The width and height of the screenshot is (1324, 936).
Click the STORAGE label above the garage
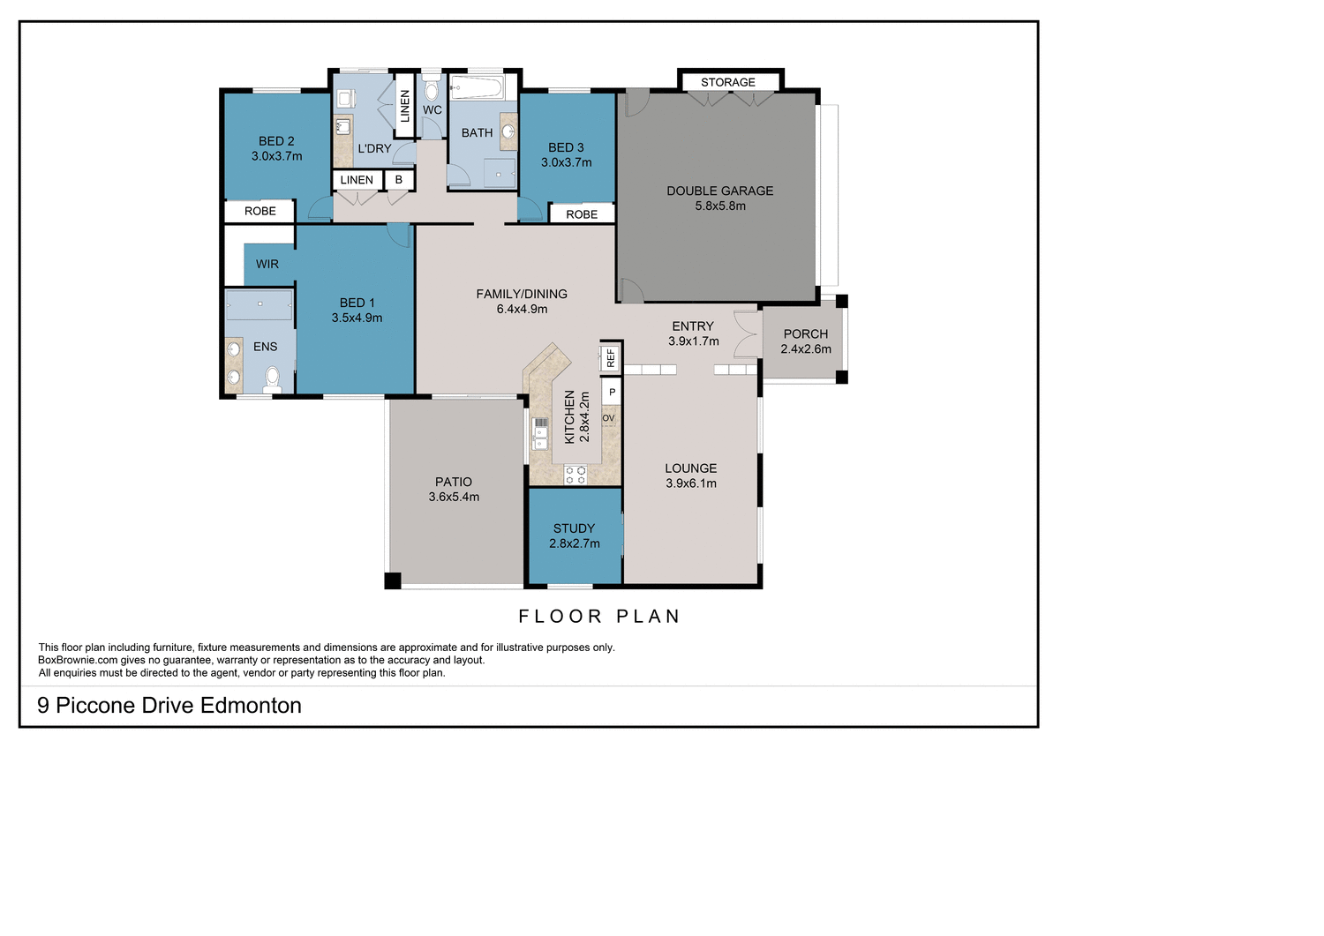pos(728,82)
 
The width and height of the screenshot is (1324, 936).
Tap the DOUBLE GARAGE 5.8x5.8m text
pos(719,198)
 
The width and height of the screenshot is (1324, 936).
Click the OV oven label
pos(608,418)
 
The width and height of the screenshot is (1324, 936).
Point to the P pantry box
pos(612,392)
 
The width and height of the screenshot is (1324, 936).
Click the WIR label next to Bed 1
pos(267,264)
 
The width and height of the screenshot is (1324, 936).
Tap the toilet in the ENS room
pos(272,379)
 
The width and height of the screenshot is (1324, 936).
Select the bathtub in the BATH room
pos(476,88)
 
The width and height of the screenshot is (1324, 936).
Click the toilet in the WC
pos(432,89)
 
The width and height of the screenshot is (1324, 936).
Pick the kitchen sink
pos(539,432)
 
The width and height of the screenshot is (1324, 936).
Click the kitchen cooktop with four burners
pos(575,475)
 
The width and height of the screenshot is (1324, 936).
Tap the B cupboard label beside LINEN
pos(399,180)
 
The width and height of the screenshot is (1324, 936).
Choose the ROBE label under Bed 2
pos(260,211)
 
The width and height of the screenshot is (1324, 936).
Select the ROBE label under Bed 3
pos(582,214)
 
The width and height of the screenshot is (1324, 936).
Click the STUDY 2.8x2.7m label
pos(574,535)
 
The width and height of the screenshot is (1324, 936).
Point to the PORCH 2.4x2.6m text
pos(805,341)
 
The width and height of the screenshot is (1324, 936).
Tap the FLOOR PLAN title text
pos(599,617)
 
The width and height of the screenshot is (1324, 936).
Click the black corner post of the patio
pos(393,580)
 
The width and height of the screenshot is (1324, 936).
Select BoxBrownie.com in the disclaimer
pos(78,660)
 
